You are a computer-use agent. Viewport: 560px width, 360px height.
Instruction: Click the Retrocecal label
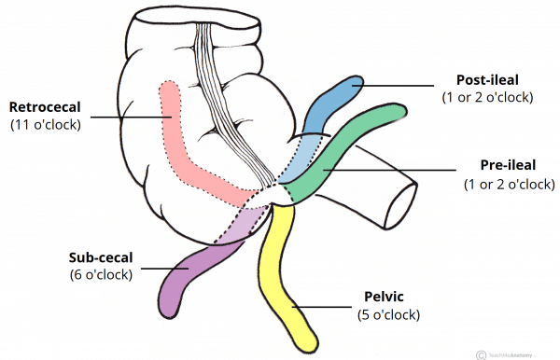(54, 105)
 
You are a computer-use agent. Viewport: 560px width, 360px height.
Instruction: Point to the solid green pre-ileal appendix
(359, 140)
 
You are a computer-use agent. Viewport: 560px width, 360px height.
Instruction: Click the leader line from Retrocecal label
(140, 118)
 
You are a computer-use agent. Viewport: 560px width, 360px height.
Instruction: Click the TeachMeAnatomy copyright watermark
(512, 353)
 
